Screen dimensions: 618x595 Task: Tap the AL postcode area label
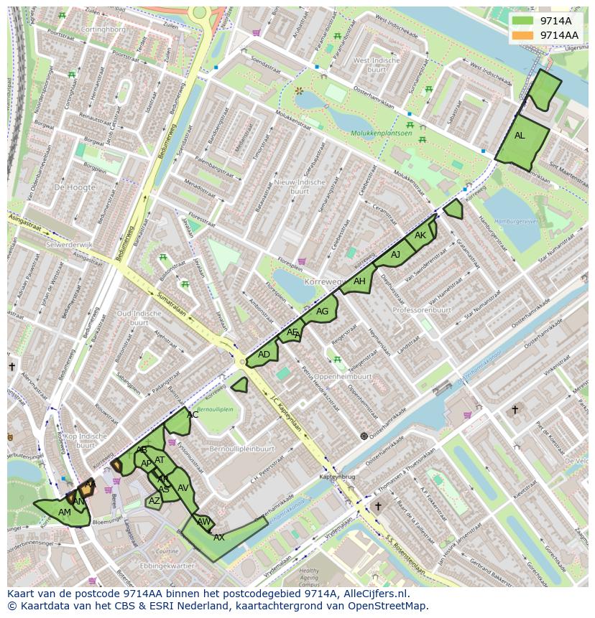coord(520,136)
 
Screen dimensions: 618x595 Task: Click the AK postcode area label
coord(420,235)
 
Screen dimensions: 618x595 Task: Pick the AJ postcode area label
coord(395,254)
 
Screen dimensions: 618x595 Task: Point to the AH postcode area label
coord(359,281)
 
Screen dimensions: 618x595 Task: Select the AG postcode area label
coord(322,311)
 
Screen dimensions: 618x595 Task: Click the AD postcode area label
coord(264,355)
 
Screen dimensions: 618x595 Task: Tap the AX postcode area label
coord(219,537)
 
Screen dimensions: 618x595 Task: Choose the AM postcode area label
coord(65,512)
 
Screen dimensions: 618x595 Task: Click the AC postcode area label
coord(193,414)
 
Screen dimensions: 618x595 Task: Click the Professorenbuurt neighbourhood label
coord(422,310)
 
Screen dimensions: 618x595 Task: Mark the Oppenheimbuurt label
coord(343,376)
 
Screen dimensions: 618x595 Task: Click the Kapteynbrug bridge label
coord(338,476)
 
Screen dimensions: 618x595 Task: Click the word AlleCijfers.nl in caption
coord(376,594)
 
